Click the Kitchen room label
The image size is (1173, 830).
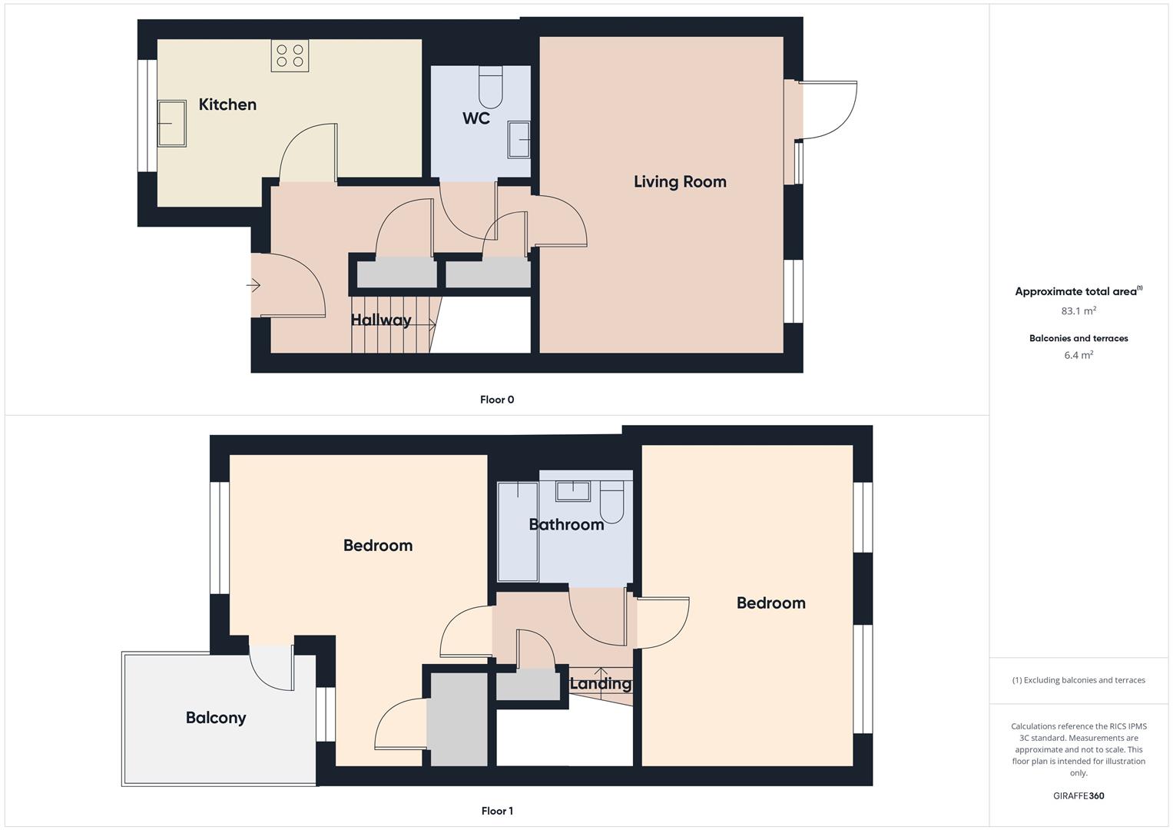click(227, 105)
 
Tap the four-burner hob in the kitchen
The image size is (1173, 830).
click(290, 55)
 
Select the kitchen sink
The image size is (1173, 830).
click(172, 123)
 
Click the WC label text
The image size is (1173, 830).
click(476, 118)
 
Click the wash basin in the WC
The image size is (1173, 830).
click(519, 139)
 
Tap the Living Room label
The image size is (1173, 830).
click(680, 182)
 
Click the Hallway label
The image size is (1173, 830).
click(381, 320)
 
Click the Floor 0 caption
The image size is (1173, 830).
click(497, 400)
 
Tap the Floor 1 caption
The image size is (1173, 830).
click(497, 811)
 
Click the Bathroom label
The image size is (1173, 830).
click(566, 525)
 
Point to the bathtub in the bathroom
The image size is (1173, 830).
click(517, 531)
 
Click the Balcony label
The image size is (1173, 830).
click(216, 718)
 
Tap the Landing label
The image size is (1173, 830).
click(601, 684)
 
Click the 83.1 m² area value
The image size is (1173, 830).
click(1079, 311)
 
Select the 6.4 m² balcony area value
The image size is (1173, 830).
click(1079, 355)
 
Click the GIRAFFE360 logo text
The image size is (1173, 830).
click(1079, 796)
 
